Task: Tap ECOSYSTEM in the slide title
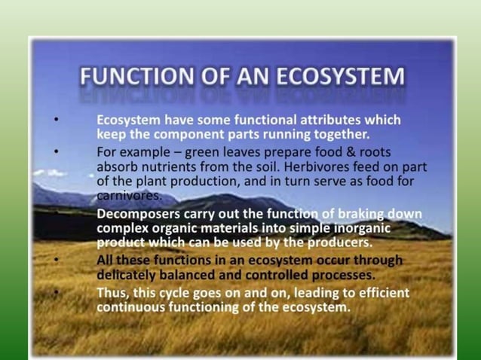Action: coord(335,78)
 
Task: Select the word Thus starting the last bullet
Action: coord(113,292)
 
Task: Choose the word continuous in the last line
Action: coord(133,307)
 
